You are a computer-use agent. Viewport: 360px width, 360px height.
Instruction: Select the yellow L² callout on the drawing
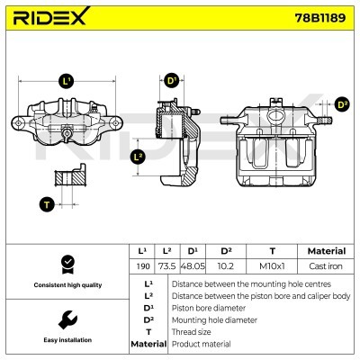coord(138,157)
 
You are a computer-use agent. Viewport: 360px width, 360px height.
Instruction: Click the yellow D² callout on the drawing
coord(341,104)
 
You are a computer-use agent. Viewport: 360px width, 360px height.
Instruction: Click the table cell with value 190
coord(142,267)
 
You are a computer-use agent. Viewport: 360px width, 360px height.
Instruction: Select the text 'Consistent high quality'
coord(66,284)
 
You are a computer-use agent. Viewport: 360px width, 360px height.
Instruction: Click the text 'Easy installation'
coord(66,339)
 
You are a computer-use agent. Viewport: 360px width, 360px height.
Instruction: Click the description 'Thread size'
coord(193,331)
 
